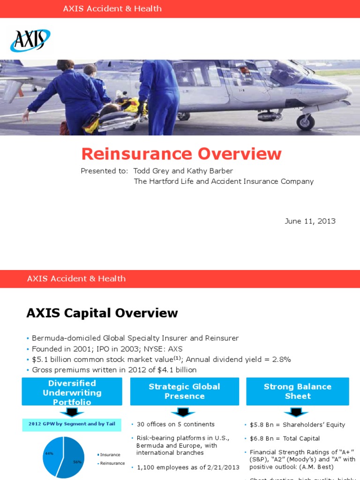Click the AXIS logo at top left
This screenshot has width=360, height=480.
[x=30, y=40]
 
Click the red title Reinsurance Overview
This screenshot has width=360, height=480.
[x=181, y=154]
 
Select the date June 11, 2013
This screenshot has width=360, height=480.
[x=310, y=221]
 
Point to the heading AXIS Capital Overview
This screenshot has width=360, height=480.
[x=102, y=313]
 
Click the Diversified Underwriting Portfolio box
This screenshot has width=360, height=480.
[x=72, y=392]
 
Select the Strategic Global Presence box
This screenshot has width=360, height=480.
[x=184, y=391]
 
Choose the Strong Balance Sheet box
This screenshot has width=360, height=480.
[x=297, y=391]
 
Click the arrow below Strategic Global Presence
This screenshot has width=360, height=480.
[x=184, y=412]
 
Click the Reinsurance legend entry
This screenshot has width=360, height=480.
[x=112, y=463]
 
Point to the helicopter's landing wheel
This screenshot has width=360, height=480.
[x=306, y=123]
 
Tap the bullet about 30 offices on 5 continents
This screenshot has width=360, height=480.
[x=175, y=424]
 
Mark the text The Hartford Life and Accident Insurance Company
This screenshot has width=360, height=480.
[x=224, y=181]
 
